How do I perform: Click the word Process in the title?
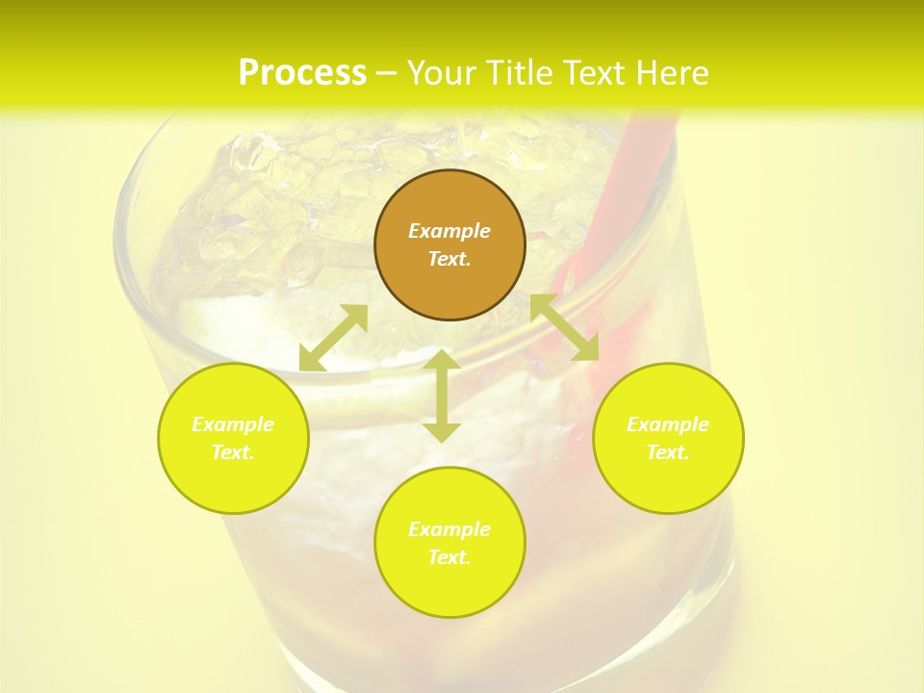302,73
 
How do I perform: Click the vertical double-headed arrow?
442,396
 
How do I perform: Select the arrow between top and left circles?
333,338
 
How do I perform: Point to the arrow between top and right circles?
564,327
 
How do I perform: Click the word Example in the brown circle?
449,231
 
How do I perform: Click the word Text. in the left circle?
233,452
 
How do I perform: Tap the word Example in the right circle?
668,424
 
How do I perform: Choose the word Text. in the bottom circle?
449,557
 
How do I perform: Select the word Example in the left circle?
233,424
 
